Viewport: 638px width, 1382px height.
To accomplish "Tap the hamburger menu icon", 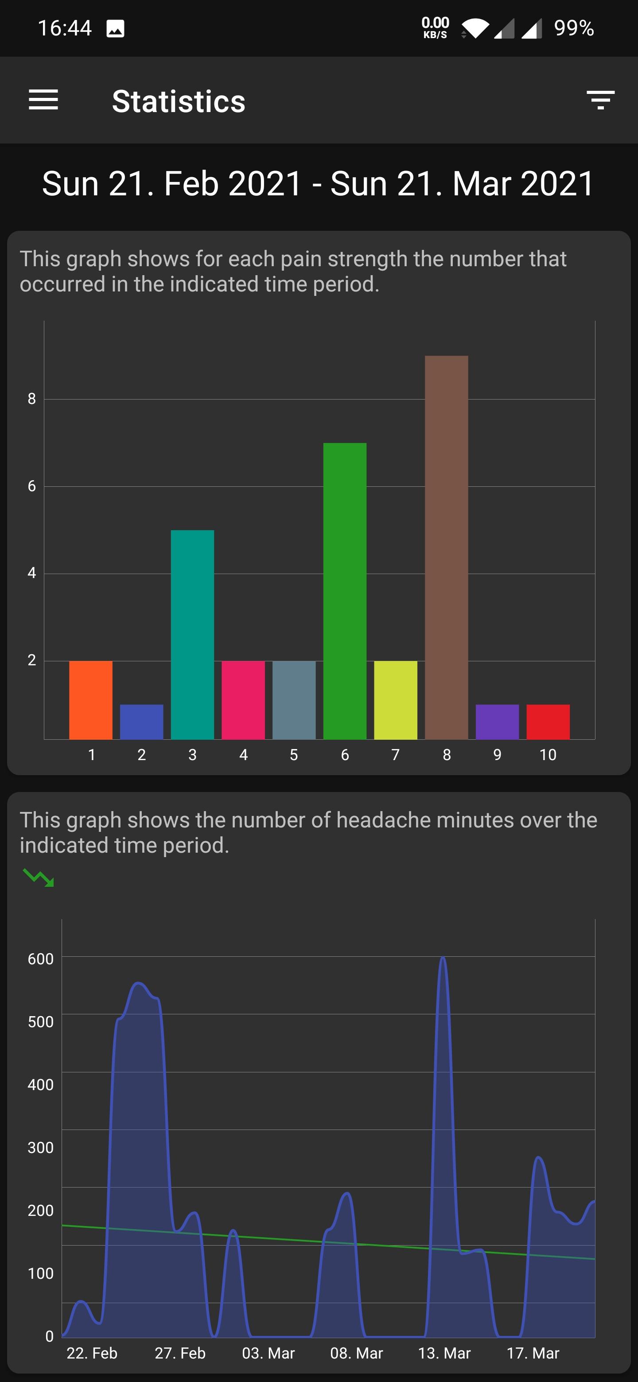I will coord(43,100).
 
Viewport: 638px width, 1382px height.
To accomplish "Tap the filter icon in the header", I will coord(600,100).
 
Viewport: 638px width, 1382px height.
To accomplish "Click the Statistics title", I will coord(178,101).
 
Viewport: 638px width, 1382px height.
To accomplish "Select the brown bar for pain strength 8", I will coord(447,547).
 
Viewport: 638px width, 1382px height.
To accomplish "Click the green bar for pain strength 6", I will coord(345,590).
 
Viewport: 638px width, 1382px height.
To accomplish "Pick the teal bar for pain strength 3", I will coord(192,634).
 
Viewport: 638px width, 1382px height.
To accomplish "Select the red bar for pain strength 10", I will coord(548,722).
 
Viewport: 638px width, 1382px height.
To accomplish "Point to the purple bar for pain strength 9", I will coord(497,722).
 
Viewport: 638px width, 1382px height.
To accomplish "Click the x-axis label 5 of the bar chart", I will coord(293,755).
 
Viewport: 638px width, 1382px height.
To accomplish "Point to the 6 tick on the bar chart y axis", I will coord(31,486).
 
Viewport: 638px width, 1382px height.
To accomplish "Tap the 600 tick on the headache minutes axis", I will coord(40,959).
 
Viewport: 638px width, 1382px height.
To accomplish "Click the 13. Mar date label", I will coord(444,1353).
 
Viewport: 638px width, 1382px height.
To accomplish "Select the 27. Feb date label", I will coord(180,1353).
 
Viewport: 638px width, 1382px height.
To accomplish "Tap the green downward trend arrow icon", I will coord(38,877).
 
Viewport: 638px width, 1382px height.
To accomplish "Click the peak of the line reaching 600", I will coord(443,958).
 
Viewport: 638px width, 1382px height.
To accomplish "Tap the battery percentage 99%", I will coord(574,28).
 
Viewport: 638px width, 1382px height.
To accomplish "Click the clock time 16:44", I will coord(64,28).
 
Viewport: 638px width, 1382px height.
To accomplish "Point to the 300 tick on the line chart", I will coord(40,1147).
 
